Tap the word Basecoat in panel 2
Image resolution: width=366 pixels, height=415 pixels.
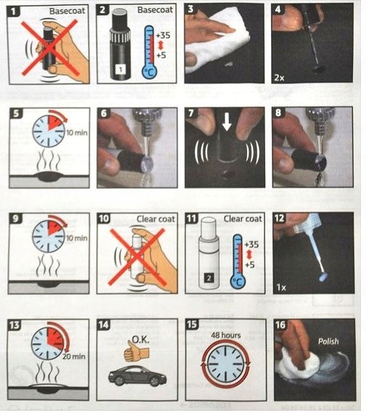click(x=155, y=10)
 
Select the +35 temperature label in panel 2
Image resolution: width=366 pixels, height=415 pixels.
click(x=163, y=35)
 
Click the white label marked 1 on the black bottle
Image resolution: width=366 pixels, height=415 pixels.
click(x=120, y=70)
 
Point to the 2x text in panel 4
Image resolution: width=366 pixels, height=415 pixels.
click(x=279, y=77)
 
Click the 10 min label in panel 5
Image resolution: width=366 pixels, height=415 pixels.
click(x=77, y=133)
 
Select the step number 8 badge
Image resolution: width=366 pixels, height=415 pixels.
click(x=278, y=113)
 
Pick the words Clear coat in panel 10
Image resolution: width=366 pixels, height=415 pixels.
click(x=156, y=219)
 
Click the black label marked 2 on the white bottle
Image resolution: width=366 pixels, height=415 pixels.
click(x=209, y=278)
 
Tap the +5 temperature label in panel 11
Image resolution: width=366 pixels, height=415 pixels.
click(x=250, y=264)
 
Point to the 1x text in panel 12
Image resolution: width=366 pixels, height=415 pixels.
click(x=281, y=287)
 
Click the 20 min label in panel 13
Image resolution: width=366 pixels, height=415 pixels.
click(x=74, y=356)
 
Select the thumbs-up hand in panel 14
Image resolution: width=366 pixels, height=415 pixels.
click(x=136, y=351)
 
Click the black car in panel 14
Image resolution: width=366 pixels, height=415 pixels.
click(x=138, y=376)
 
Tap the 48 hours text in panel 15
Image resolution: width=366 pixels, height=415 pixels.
click(x=225, y=335)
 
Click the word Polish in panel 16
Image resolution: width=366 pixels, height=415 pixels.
click(x=328, y=341)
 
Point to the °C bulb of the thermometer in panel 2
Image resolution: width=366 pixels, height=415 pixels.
click(x=149, y=72)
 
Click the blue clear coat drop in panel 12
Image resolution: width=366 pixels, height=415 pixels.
click(x=323, y=277)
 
